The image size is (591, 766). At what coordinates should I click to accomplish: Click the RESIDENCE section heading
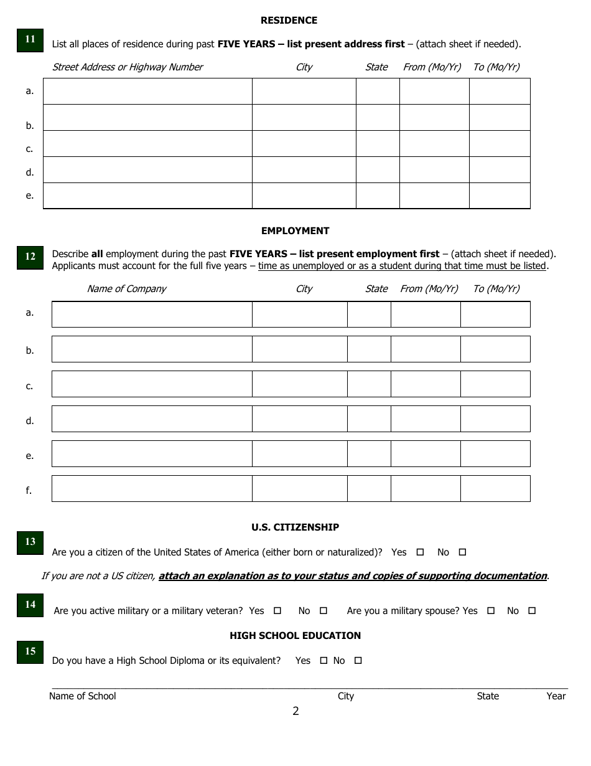pyautogui.click(x=289, y=21)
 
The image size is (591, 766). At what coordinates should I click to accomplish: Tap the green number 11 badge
pyautogui.click(x=30, y=39)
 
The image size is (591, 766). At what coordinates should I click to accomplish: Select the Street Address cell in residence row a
pyautogui.click(x=147, y=91)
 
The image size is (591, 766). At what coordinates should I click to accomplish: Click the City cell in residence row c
pyautogui.click(x=304, y=143)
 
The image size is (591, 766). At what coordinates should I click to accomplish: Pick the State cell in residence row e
pyautogui.click(x=377, y=196)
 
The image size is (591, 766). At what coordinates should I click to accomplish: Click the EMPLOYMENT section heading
pyautogui.click(x=295, y=230)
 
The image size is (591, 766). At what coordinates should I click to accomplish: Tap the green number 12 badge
pyautogui.click(x=30, y=257)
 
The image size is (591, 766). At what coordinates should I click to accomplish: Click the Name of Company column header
pyautogui.click(x=126, y=289)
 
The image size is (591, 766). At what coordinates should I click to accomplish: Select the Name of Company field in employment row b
pyautogui.click(x=152, y=349)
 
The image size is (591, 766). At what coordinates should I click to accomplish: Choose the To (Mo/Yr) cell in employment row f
pyautogui.click(x=495, y=489)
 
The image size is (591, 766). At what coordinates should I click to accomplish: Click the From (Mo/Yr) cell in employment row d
pyautogui.click(x=426, y=419)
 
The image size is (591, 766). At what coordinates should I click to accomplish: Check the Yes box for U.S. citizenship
pyautogui.click(x=420, y=552)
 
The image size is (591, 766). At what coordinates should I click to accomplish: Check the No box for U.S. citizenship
pyautogui.click(x=462, y=552)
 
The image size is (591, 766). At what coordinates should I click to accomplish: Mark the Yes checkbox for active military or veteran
pyautogui.click(x=277, y=611)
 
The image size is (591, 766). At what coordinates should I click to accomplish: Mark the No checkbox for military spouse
pyautogui.click(x=532, y=611)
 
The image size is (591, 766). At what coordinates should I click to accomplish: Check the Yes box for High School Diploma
pyautogui.click(x=323, y=661)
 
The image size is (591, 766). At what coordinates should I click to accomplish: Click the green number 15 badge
pyautogui.click(x=30, y=651)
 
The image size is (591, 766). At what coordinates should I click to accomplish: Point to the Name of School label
pyautogui.click(x=82, y=696)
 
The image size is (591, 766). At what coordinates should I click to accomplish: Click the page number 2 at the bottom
pyautogui.click(x=295, y=711)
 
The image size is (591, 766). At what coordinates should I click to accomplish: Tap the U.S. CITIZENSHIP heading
pyautogui.click(x=295, y=527)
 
